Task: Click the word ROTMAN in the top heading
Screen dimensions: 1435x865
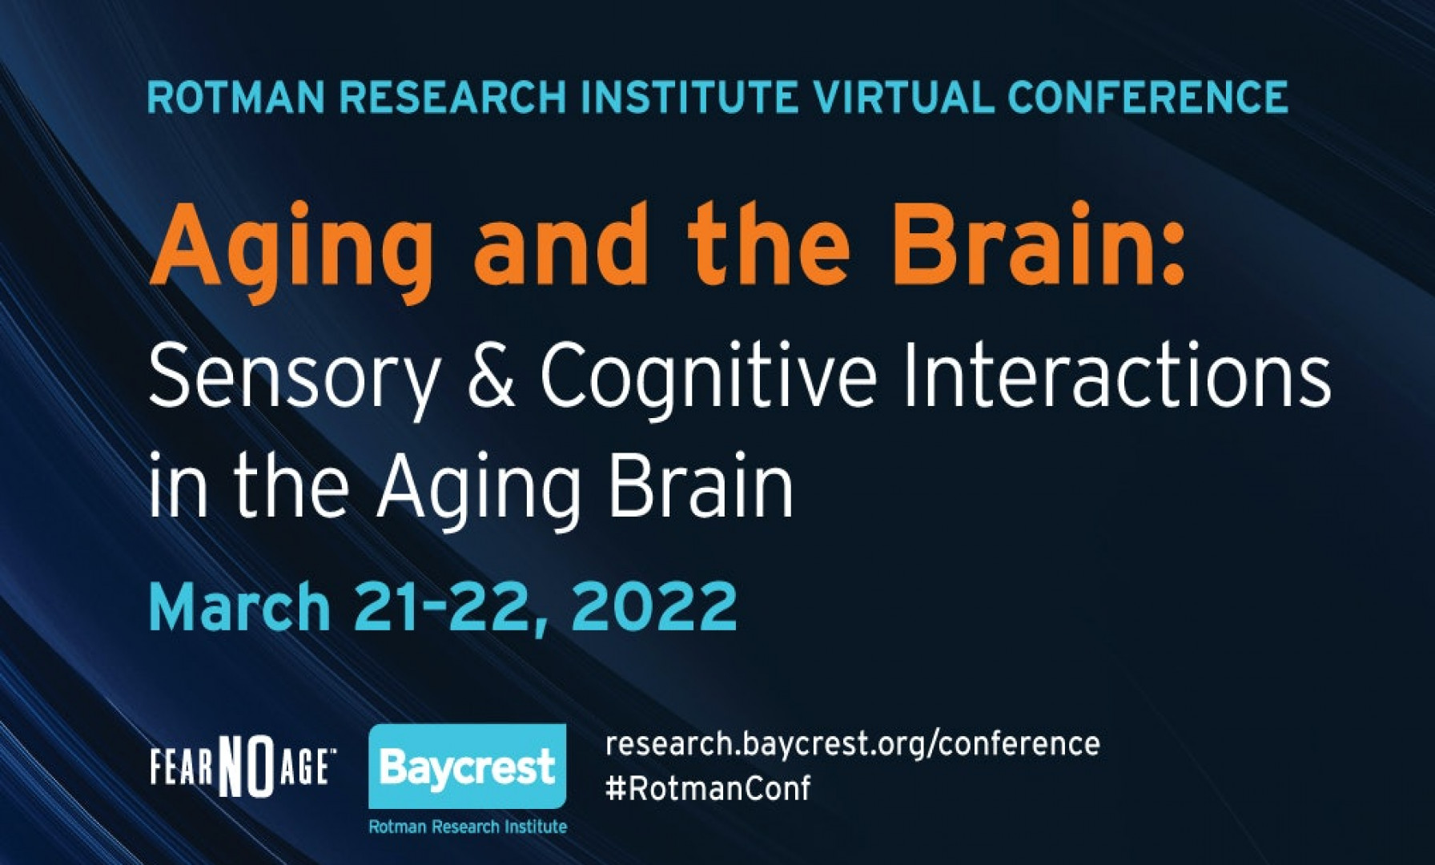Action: tap(236, 97)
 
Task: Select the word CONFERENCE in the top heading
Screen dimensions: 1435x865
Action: tap(1148, 97)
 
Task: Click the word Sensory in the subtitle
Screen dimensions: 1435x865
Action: tap(294, 380)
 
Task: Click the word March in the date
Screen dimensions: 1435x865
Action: tap(239, 606)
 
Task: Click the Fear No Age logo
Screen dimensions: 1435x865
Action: tap(243, 767)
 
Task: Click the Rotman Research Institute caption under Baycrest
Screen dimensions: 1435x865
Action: tap(468, 826)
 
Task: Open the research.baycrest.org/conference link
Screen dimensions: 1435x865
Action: tap(852, 744)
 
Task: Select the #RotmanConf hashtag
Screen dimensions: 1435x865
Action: tap(708, 788)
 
